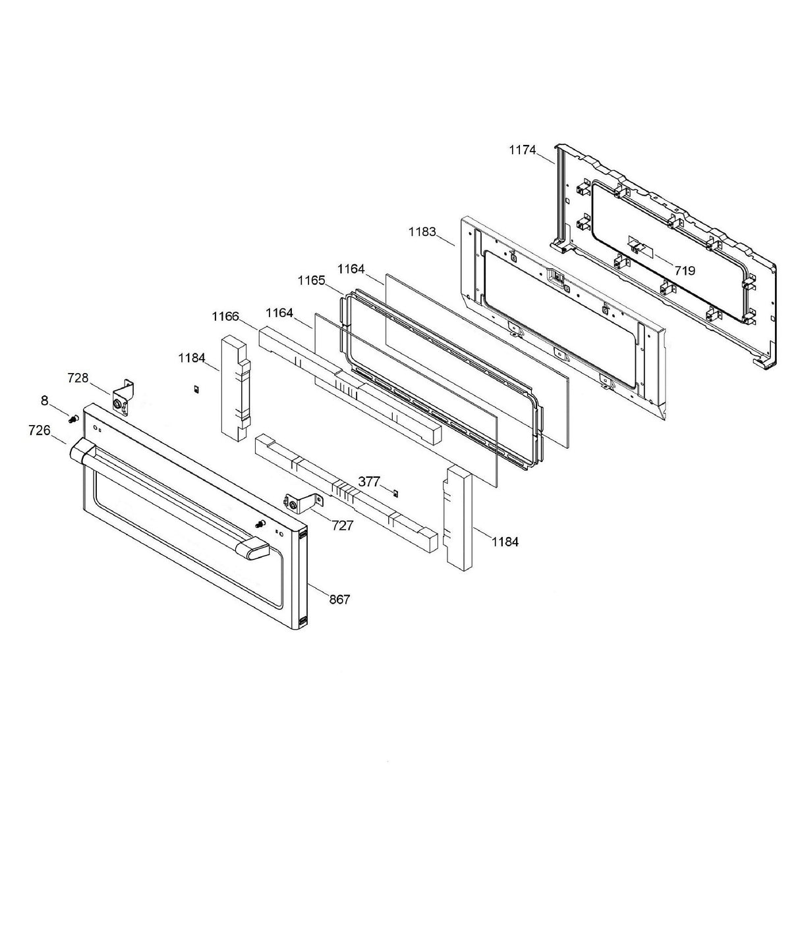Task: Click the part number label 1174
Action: click(522, 150)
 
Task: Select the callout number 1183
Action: click(422, 232)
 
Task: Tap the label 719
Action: click(684, 270)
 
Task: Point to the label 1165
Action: click(311, 280)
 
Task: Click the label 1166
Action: click(225, 317)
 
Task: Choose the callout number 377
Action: click(369, 482)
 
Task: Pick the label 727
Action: click(343, 525)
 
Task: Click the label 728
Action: click(78, 378)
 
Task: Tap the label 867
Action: click(340, 599)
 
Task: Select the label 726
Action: click(40, 430)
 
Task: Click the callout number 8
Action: click(45, 399)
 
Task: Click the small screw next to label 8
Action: click(73, 417)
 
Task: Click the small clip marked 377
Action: click(395, 492)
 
